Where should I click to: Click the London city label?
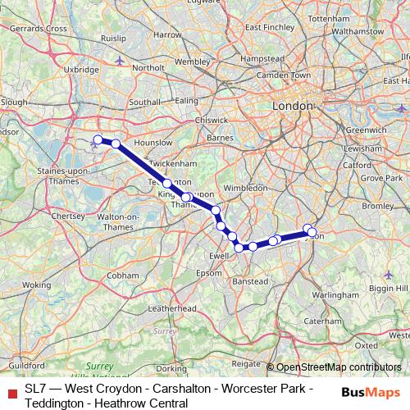(x=293, y=107)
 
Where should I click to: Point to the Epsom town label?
(x=209, y=272)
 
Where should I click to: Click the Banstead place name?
(x=251, y=281)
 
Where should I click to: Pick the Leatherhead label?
(x=169, y=309)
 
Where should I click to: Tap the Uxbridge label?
(x=80, y=70)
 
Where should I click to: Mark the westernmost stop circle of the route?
(x=98, y=139)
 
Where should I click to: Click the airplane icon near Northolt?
(x=121, y=59)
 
